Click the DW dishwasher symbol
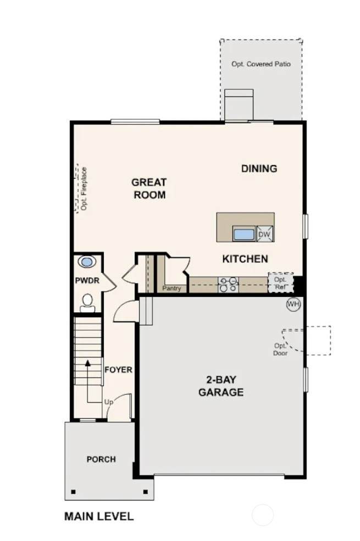pos(265,234)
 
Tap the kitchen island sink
pos(244,234)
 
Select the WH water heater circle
pos(293,305)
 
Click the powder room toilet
pos(87,303)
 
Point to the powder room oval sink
pos(87,262)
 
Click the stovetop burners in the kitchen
pos(228,285)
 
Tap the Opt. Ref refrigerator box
pos(281,283)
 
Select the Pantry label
pos(171,288)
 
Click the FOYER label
pos(118,369)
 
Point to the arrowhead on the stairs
pos(88,363)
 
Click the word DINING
pos(259,168)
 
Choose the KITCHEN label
pos(245,259)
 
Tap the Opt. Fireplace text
pos(84,189)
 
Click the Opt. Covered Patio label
pos(261,64)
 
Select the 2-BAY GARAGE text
pos(221,386)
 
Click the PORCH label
pos(101,459)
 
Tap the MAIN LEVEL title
pos(99,516)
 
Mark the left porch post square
pos(73,492)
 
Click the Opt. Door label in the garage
pos(280,349)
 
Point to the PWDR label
pos(87,280)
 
